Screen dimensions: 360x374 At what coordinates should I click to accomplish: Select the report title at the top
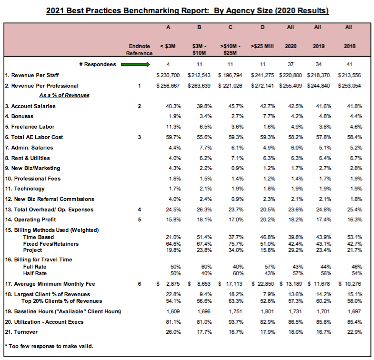(x=188, y=10)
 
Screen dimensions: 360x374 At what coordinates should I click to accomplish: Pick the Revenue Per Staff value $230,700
(x=168, y=75)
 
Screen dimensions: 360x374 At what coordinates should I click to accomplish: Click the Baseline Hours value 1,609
(x=172, y=311)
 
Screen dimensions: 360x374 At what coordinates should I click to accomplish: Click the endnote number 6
(x=140, y=284)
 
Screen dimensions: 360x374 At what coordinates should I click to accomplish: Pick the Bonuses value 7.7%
(x=267, y=116)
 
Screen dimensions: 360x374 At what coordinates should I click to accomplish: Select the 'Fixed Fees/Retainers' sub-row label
(x=51, y=244)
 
